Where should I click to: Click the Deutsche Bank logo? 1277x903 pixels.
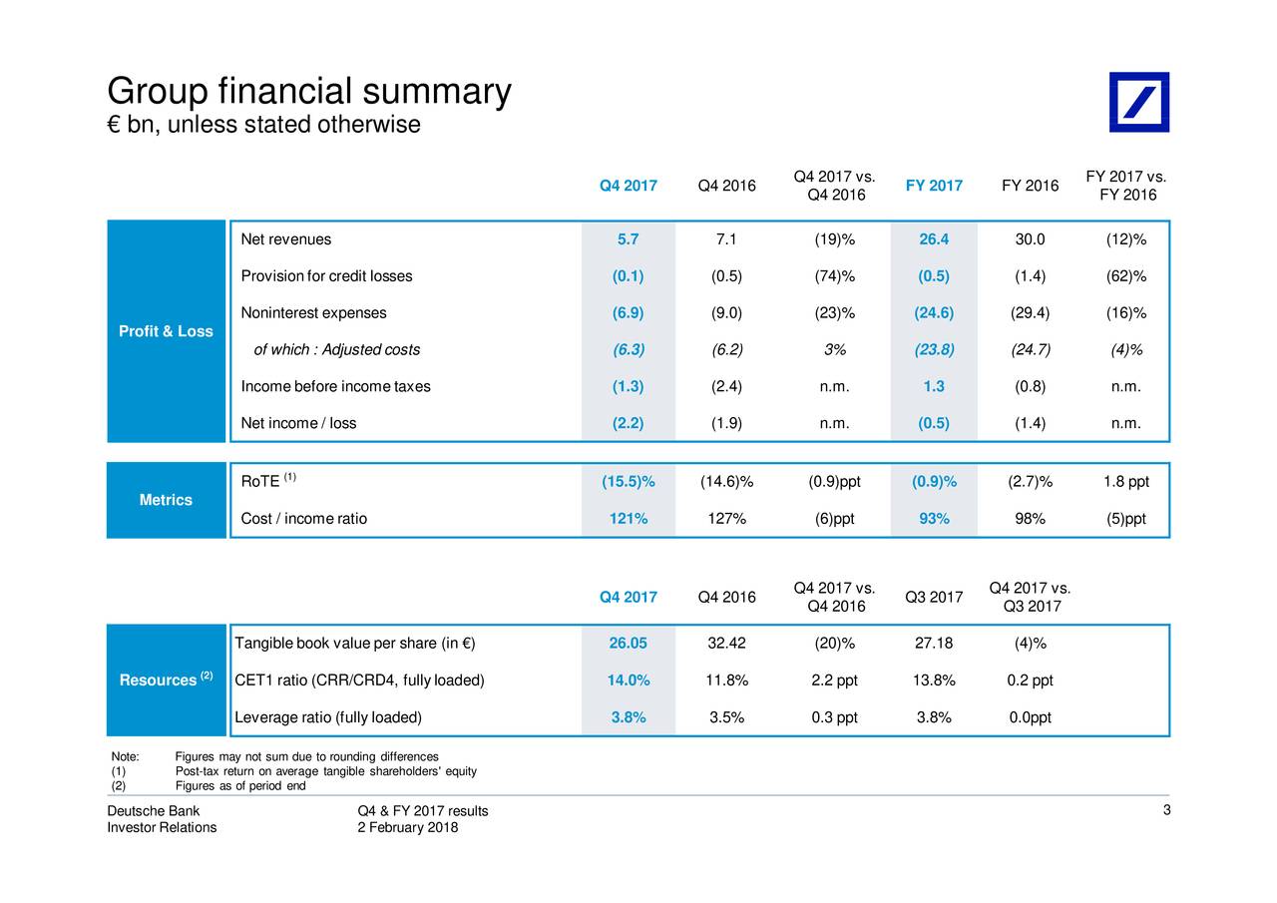1139,102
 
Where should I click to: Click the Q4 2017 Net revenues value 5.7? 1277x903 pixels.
628,239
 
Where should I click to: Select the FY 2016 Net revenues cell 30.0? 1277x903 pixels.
1030,239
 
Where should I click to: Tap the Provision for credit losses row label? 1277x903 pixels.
326,276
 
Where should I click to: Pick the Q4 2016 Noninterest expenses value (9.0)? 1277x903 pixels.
726,313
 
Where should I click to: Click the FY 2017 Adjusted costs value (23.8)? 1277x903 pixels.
934,349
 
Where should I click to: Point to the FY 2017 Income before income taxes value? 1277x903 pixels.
934,386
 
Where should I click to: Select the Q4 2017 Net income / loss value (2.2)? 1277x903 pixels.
628,423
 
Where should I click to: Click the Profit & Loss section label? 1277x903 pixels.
166,331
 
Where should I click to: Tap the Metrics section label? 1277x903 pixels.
166,500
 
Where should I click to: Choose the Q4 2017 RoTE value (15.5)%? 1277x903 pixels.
629,482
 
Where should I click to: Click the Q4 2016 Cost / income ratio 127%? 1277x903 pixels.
727,519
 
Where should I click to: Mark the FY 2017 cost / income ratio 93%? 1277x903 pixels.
934,519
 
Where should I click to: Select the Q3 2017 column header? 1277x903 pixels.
934,597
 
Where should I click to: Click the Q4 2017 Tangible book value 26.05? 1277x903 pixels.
628,643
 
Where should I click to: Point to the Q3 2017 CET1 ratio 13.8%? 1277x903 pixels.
934,680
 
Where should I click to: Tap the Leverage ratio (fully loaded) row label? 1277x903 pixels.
328,717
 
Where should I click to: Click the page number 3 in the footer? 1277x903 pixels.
1166,810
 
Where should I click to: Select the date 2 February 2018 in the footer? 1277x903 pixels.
408,827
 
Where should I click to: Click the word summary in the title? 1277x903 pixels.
437,92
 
